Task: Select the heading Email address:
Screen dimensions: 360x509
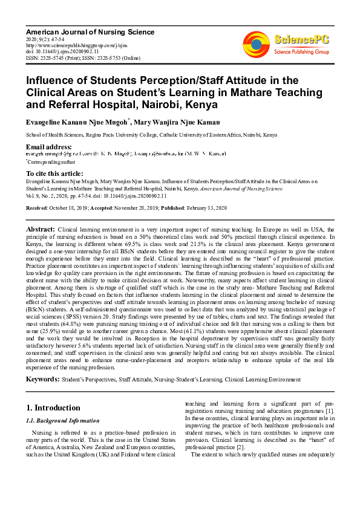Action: (x=48, y=148)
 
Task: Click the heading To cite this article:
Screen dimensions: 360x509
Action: (x=55, y=173)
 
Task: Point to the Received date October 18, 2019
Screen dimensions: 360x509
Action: (x=69, y=208)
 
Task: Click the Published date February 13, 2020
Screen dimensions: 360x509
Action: (x=207, y=208)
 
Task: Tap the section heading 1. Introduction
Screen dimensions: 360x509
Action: (x=54, y=407)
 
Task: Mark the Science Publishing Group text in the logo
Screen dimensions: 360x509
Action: (x=300, y=52)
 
